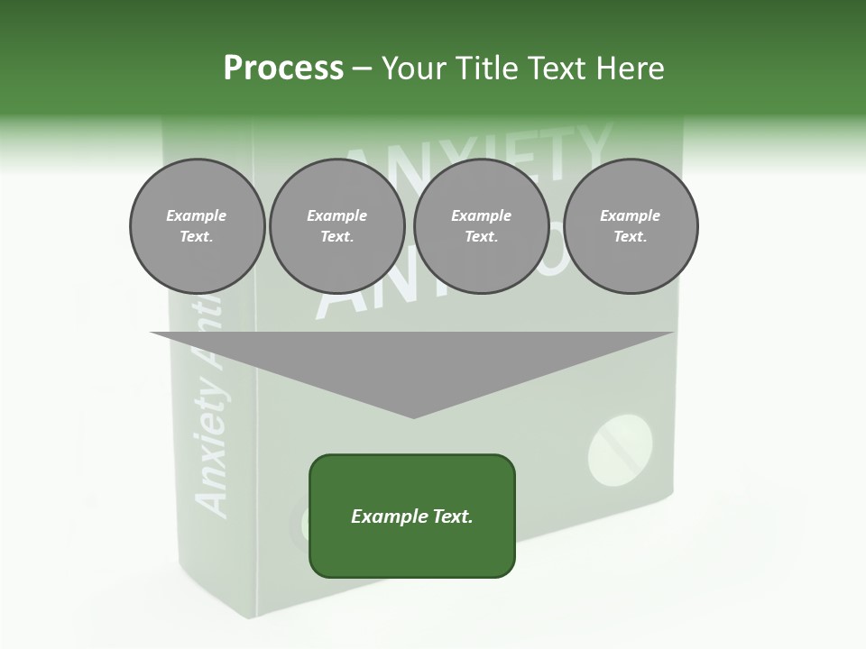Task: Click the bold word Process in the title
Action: tap(283, 69)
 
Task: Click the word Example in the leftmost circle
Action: tap(197, 215)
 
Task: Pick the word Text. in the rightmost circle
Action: tap(631, 237)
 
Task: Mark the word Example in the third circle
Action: tap(482, 215)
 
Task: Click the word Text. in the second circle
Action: tap(337, 237)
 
